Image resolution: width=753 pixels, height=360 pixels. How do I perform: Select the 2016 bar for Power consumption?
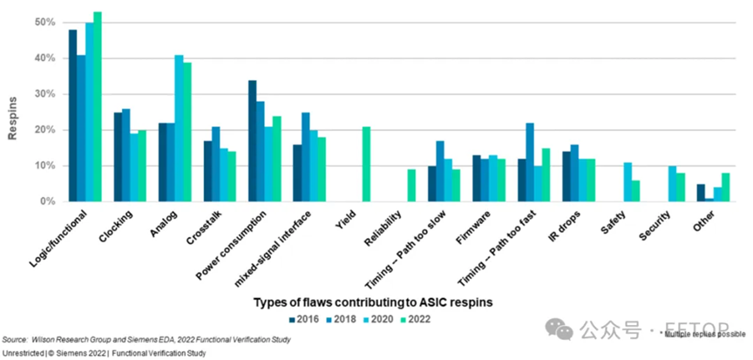[x=252, y=140]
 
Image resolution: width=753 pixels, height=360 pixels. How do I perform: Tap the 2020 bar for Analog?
[x=179, y=128]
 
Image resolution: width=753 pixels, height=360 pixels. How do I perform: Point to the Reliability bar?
[x=412, y=185]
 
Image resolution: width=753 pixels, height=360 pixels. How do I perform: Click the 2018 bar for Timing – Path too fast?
[x=529, y=162]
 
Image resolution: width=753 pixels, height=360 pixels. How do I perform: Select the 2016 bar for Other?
[x=701, y=193]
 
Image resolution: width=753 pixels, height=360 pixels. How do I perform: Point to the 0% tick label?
[x=50, y=201]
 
